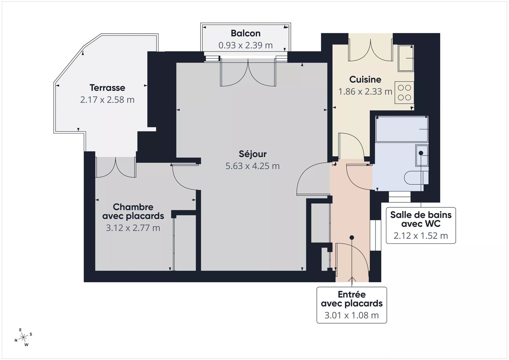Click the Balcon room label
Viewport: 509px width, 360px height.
click(x=246, y=33)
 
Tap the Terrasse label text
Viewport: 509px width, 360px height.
click(x=107, y=88)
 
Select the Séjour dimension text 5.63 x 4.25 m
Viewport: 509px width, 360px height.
click(x=252, y=166)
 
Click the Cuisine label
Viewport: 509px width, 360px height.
click(x=365, y=80)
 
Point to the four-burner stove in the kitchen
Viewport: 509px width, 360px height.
click(x=404, y=93)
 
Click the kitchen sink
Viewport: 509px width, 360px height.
click(x=406, y=58)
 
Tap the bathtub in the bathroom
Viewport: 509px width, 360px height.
click(x=402, y=129)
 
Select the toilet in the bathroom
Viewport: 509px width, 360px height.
click(x=416, y=177)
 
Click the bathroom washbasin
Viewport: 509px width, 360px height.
click(x=422, y=155)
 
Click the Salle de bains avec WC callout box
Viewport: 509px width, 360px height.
click(x=421, y=225)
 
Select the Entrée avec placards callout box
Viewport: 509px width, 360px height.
click(x=352, y=305)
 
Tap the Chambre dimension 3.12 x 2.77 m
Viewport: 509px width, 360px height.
click(x=133, y=228)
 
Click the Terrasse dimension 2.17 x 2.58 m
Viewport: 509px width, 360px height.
click(x=107, y=100)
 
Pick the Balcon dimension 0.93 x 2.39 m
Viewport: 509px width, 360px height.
click(x=246, y=45)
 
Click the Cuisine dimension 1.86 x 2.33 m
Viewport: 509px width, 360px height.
click(x=365, y=91)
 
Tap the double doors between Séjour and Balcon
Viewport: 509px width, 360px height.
click(x=248, y=72)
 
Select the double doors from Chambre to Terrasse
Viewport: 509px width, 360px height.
click(x=116, y=167)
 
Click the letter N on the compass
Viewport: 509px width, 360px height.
click(x=16, y=341)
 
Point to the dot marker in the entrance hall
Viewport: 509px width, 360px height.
click(x=352, y=238)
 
